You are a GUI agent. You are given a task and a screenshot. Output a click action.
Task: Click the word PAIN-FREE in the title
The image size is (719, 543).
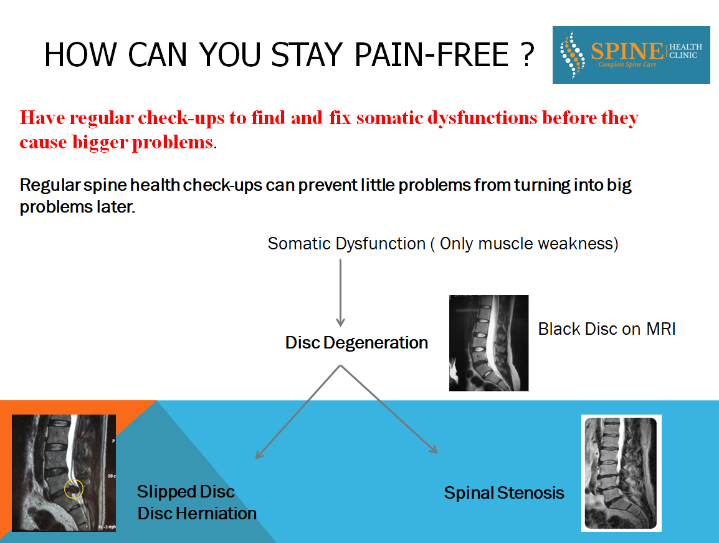[432, 55]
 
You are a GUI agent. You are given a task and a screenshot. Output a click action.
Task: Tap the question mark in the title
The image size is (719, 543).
[528, 55]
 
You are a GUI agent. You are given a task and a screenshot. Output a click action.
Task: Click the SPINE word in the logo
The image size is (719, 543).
[627, 50]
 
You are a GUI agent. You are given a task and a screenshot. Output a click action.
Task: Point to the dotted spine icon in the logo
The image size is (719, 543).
[572, 55]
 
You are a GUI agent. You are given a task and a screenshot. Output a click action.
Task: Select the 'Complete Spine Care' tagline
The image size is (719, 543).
[627, 64]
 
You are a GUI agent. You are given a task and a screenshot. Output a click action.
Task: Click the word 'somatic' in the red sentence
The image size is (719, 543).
[389, 118]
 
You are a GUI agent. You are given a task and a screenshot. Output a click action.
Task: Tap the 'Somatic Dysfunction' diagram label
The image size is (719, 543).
[346, 243]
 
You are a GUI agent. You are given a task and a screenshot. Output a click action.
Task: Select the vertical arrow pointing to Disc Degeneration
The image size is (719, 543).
[340, 293]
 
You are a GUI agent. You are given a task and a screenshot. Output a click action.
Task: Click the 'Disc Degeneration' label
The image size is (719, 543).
[356, 342]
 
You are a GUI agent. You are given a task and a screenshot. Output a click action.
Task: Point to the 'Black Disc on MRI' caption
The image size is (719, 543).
[607, 329]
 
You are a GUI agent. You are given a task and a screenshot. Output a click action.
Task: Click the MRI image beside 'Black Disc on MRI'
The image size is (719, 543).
[489, 343]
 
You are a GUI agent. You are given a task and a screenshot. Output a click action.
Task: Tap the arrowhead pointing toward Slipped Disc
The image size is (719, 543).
[259, 454]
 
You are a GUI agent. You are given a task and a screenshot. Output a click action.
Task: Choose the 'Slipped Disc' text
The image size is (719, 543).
[186, 492]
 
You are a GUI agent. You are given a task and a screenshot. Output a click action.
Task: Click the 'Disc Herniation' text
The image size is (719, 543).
[197, 513]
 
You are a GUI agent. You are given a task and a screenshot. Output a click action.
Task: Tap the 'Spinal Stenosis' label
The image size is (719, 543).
[504, 493]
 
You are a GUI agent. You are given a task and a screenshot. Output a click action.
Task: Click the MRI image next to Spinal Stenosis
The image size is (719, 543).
[621, 473]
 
